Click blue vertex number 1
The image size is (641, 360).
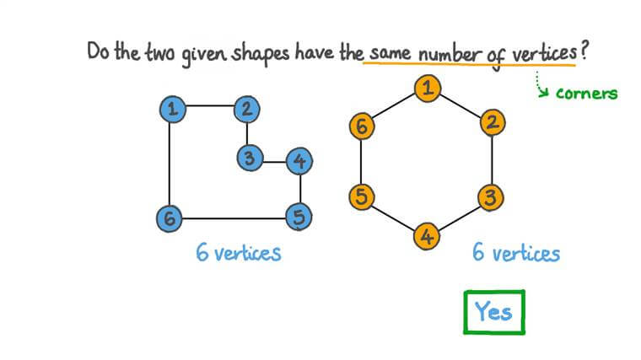[x=171, y=108]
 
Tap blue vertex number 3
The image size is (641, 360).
[x=248, y=157]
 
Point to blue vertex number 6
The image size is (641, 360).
[x=170, y=218]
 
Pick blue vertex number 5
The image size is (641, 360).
[x=299, y=218]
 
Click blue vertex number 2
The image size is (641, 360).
[x=247, y=108]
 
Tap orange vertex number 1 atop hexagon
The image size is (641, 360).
[x=428, y=86]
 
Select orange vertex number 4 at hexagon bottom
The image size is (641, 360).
[x=428, y=237]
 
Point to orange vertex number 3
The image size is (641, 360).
[x=491, y=198]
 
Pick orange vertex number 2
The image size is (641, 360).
[x=493, y=122]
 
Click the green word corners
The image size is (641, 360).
[x=586, y=94]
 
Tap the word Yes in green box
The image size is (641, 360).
[x=493, y=311]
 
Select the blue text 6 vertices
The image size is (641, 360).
[x=239, y=252]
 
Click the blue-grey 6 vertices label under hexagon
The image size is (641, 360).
[x=516, y=253]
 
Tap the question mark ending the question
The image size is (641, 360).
[x=584, y=50]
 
